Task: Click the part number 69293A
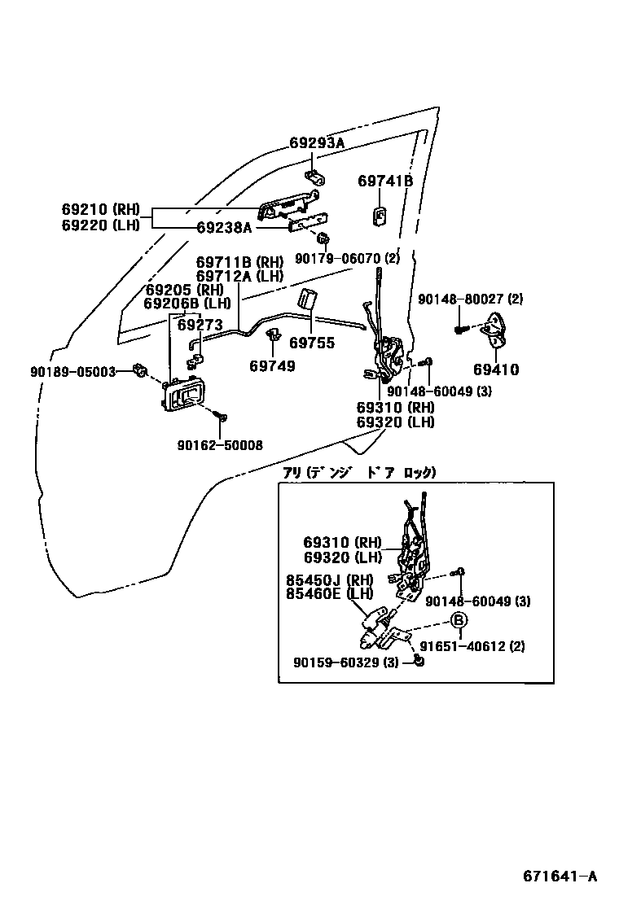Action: [317, 143]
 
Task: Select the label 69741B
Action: [385, 181]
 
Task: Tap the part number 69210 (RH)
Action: [101, 208]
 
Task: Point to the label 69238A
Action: [224, 229]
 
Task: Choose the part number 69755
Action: [312, 343]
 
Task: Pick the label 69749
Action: [272, 366]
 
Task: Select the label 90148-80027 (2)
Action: [470, 299]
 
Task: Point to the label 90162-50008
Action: [220, 445]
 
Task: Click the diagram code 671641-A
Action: [560, 877]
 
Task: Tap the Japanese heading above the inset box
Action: [358, 472]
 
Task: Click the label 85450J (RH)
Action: [328, 580]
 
